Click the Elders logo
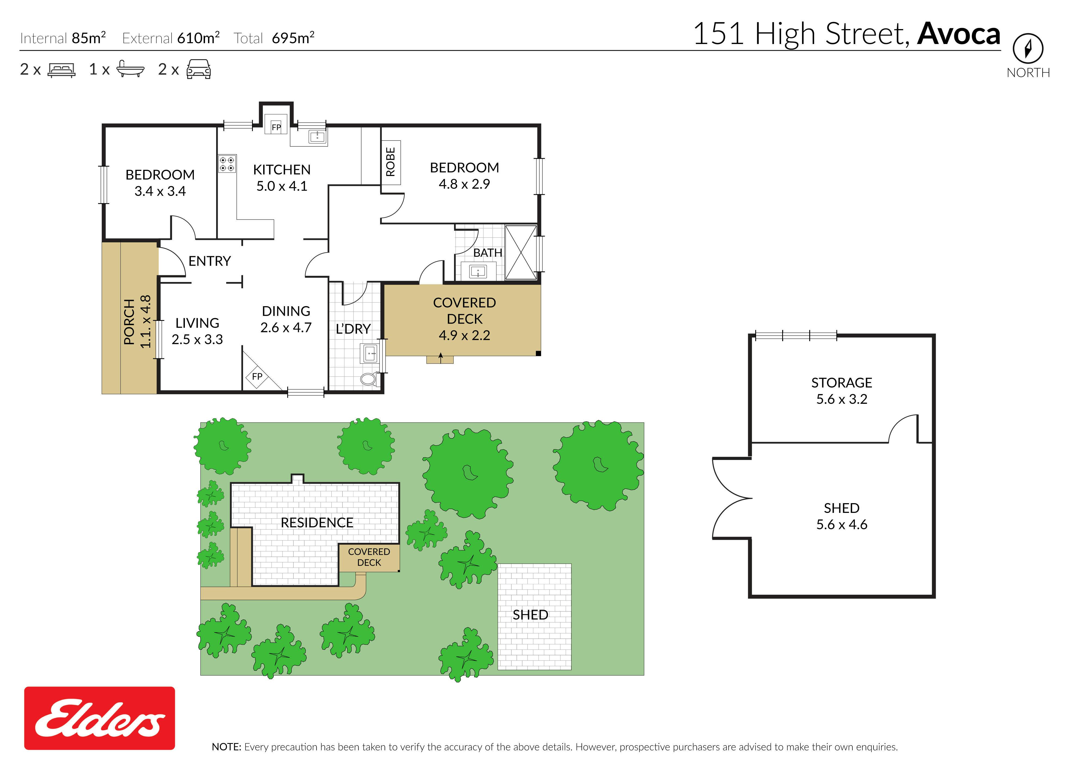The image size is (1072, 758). click(100, 718)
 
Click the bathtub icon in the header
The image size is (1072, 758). click(130, 69)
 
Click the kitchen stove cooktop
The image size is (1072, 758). click(227, 163)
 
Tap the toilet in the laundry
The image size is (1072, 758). click(369, 378)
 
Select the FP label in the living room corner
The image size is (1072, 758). click(257, 376)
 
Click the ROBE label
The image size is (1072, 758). click(390, 162)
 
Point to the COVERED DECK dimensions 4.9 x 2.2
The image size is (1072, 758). click(464, 335)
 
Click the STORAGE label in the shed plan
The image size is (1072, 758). click(841, 383)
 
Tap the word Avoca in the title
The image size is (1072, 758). click(959, 34)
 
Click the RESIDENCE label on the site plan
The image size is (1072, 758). click(317, 523)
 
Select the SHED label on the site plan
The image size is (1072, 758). click(530, 615)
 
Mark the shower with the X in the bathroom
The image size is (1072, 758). click(521, 252)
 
